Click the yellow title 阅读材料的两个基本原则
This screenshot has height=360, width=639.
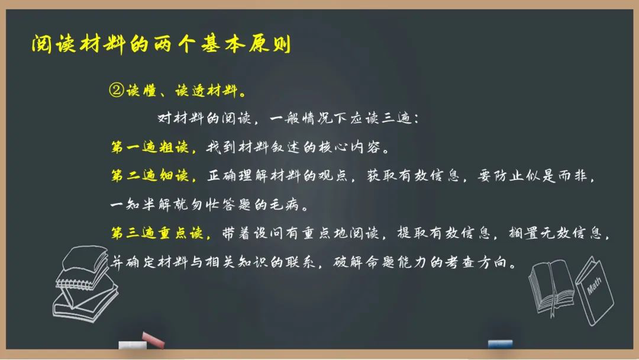coord(162,44)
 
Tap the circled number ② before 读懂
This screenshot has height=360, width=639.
coord(116,90)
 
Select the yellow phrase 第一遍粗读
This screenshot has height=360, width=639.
coord(150,147)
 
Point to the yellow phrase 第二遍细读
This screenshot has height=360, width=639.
coord(150,176)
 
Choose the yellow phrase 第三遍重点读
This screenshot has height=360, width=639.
coord(157,233)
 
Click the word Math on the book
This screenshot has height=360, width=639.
coord(594,286)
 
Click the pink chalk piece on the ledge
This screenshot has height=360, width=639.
coord(153,340)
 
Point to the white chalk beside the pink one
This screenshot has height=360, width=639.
coord(133,345)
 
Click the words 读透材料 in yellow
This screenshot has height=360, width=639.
coord(206,90)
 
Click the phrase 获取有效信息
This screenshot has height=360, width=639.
coord(413,176)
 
